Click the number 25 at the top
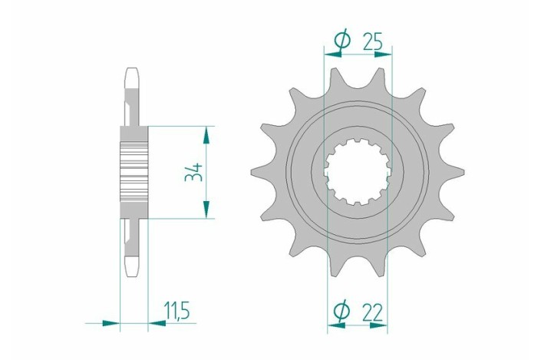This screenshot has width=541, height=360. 373,41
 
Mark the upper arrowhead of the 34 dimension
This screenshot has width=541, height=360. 206,134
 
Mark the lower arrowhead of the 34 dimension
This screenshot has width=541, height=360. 206,210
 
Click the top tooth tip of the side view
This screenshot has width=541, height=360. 133,74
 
